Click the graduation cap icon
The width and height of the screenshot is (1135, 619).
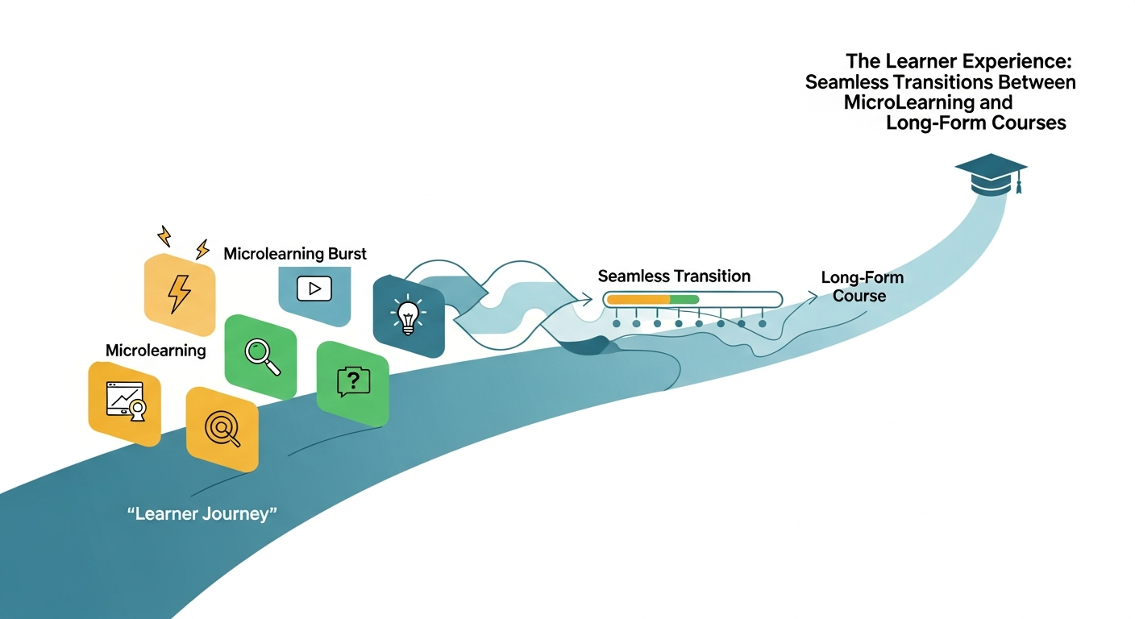coord(991,175)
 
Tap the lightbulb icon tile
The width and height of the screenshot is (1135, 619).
coord(409,316)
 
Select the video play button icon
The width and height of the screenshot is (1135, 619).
coord(314,289)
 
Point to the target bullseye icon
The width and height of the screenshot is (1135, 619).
coord(222,429)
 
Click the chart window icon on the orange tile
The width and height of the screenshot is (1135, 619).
coord(127,401)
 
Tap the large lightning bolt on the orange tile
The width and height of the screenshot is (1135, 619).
coord(180,294)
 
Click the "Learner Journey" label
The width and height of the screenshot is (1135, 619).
coord(202,513)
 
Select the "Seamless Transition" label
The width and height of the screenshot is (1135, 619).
coord(674,276)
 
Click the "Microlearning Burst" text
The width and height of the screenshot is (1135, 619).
coord(295,253)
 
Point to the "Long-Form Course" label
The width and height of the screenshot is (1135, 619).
coord(862,286)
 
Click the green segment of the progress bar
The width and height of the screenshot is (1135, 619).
coord(684,299)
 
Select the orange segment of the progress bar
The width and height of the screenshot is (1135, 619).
coord(638,299)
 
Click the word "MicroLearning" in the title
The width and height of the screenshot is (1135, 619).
coord(908,102)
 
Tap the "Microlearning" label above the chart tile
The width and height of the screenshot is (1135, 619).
coord(156,351)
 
